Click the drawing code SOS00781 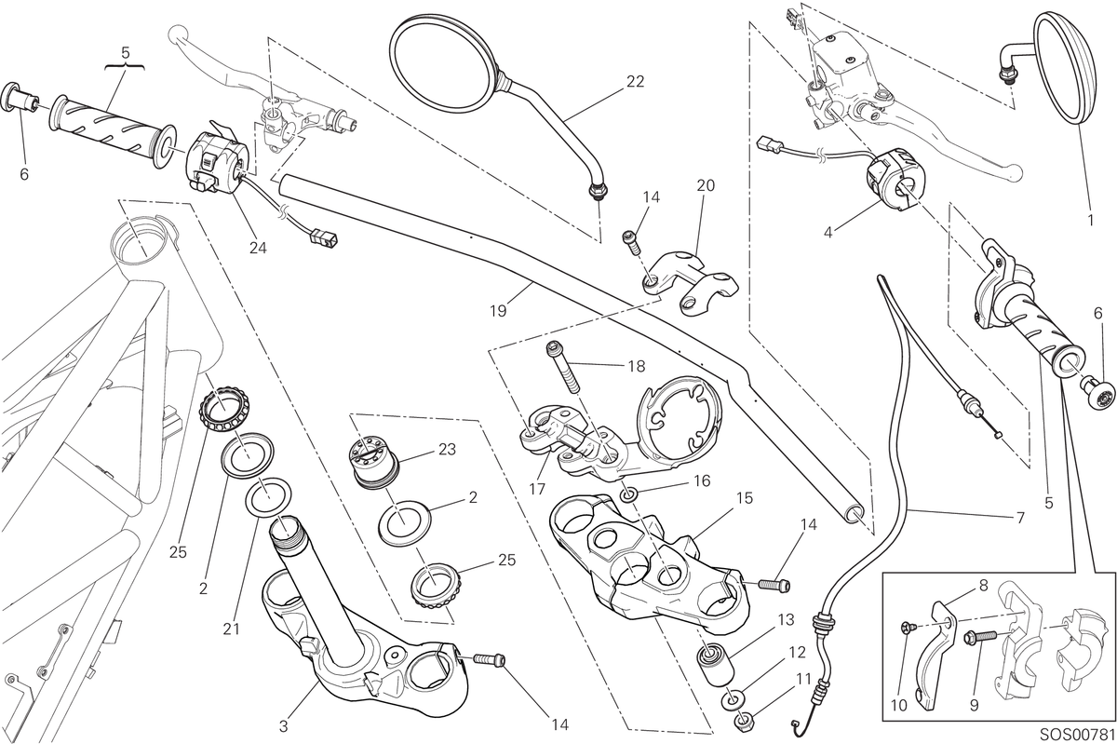click(x=1077, y=734)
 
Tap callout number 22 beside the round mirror click(x=635, y=81)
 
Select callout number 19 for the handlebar click(x=498, y=311)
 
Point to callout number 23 click(x=447, y=450)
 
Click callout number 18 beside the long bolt click(x=637, y=366)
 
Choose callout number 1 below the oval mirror click(x=1091, y=220)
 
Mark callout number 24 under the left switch click(x=258, y=248)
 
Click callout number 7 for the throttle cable click(x=1020, y=518)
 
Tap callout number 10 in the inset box click(x=899, y=706)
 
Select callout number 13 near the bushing click(x=786, y=620)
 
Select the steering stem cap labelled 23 click(x=373, y=460)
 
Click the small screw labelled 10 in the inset click(x=907, y=630)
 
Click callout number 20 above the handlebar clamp click(x=706, y=185)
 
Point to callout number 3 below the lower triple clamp click(x=283, y=726)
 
